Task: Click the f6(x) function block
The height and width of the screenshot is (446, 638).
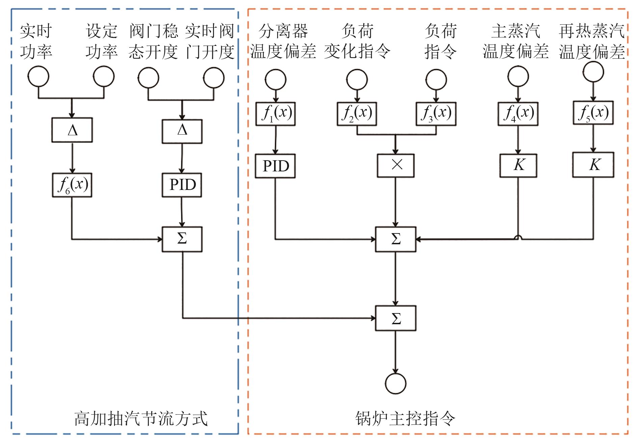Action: point(72,185)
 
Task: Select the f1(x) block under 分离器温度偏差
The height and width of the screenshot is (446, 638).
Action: point(275,114)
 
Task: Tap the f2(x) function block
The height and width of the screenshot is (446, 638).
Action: point(357,114)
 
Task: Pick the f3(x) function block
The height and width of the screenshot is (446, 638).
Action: point(436,114)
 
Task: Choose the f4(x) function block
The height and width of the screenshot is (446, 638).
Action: point(518,114)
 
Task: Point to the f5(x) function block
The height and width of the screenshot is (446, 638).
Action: point(593,112)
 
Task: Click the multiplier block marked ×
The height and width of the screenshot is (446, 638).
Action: point(396,165)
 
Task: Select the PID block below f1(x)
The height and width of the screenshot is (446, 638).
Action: point(275,166)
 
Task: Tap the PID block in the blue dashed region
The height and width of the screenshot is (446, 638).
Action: point(182,185)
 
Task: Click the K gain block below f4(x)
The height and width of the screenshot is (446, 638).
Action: point(518,165)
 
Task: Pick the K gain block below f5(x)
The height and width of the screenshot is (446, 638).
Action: point(593,165)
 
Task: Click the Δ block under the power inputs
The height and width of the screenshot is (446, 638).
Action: point(72,130)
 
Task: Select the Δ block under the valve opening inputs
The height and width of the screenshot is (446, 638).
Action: point(182,131)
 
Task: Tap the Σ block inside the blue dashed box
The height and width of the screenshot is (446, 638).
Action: point(182,239)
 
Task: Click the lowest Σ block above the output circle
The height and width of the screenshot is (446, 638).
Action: point(396,318)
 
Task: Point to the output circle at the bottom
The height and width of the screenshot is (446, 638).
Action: point(396,383)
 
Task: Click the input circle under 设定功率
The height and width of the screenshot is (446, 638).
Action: point(104,77)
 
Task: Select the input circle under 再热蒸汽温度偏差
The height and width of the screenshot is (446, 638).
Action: point(593,72)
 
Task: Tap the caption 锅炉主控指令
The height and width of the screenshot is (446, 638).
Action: point(405,419)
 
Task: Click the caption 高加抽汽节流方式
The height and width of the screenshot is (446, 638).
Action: point(141,419)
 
